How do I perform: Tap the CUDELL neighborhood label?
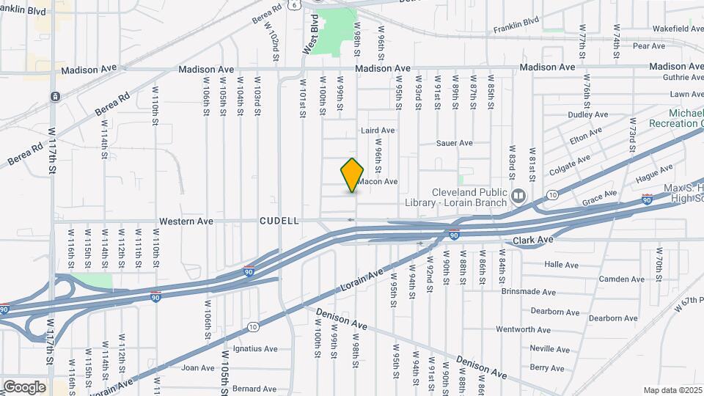coord(279,221)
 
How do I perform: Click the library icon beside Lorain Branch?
coord(519,196)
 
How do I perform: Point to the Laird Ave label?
coord(378,131)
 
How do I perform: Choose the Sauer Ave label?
coord(455,143)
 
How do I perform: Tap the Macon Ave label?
coord(381,181)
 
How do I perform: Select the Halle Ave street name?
coord(562,264)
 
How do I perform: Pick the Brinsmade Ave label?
coord(529,291)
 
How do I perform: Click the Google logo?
coord(24,386)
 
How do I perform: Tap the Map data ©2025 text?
coord(672,390)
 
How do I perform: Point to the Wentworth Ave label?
coord(523,330)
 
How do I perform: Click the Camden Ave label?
coord(621,279)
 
